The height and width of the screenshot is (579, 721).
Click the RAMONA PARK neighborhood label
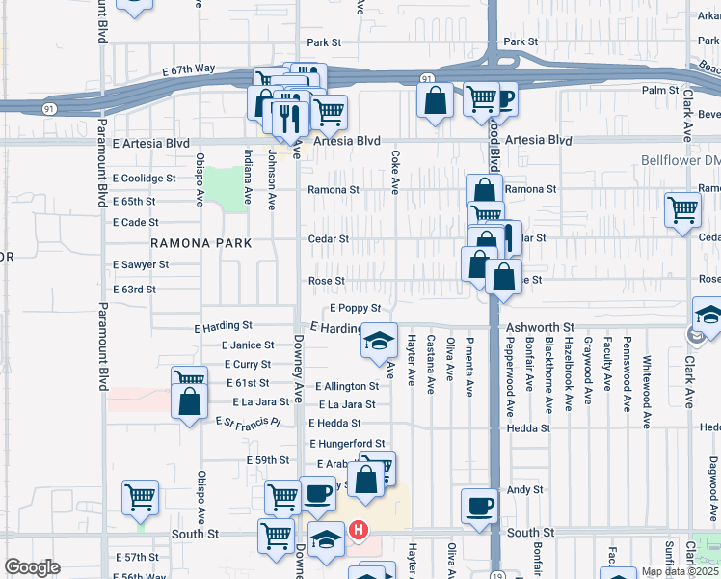(x=200, y=243)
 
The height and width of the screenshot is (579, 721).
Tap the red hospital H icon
(x=359, y=531)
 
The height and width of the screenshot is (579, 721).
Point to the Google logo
(x=32, y=567)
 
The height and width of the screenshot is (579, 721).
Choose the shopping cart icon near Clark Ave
(x=682, y=207)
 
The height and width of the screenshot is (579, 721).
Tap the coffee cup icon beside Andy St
(x=479, y=505)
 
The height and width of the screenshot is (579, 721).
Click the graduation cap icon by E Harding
(x=379, y=340)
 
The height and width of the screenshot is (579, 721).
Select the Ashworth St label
(x=540, y=328)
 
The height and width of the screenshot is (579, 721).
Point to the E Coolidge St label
(x=144, y=179)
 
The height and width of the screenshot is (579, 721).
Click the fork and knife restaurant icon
(x=289, y=116)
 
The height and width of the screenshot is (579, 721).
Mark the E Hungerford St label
(x=347, y=444)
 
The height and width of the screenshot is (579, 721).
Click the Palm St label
(x=660, y=91)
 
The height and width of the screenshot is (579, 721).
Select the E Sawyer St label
(x=141, y=264)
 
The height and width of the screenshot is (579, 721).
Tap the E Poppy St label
(x=356, y=308)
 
